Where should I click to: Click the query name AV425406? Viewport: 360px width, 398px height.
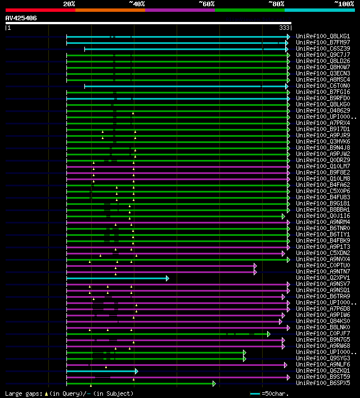(x=21, y=18)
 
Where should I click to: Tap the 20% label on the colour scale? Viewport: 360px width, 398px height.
(x=69, y=4)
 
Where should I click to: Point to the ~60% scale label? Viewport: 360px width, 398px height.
(x=206, y=4)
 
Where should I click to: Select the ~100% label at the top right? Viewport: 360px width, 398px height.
(x=344, y=4)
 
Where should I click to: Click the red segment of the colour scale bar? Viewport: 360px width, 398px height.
(x=40, y=10)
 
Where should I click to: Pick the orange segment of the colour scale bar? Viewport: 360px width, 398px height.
(x=110, y=10)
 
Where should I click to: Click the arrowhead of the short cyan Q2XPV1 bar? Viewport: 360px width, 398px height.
(x=167, y=278)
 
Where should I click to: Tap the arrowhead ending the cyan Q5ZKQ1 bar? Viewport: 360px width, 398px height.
(x=136, y=371)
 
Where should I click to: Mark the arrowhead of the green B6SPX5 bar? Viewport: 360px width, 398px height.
(x=214, y=383)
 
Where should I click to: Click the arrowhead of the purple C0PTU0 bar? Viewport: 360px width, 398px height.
(x=255, y=265)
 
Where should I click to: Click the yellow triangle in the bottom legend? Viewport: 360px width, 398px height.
(x=46, y=393)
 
